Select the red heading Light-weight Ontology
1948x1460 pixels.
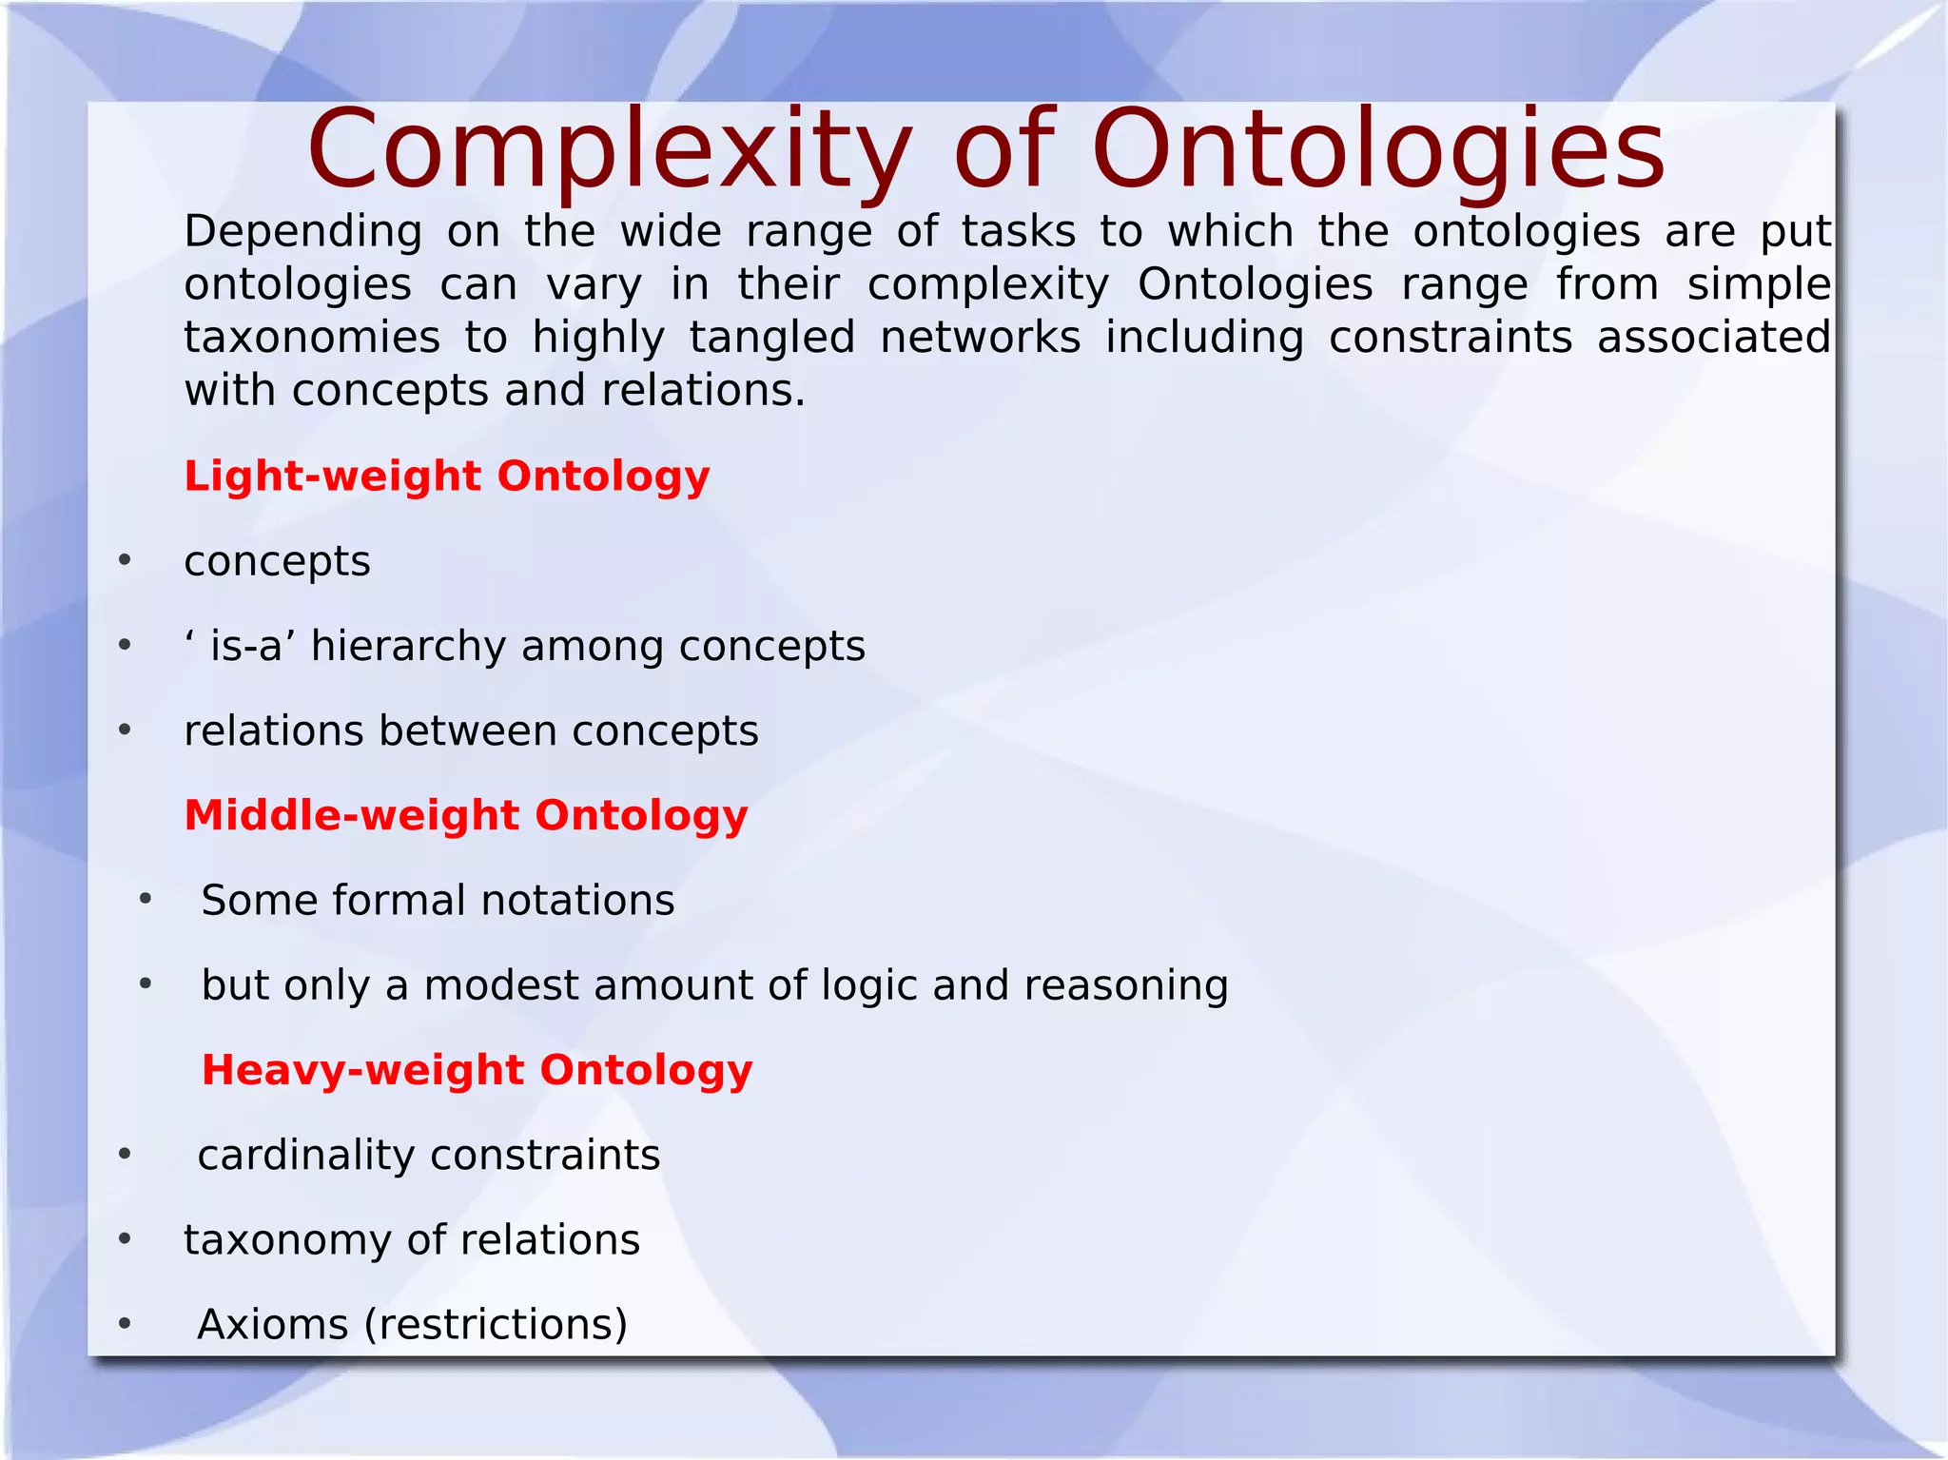point(446,476)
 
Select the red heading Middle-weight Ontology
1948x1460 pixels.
point(465,815)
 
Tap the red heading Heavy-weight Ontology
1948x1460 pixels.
point(477,1070)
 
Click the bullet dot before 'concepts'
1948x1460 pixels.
point(125,560)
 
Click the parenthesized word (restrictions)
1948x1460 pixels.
point(496,1324)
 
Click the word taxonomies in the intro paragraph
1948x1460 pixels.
point(312,339)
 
